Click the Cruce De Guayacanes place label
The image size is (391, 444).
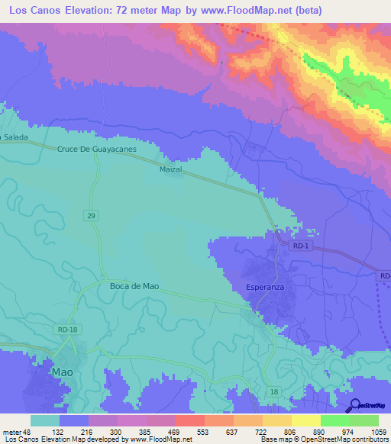point(96,150)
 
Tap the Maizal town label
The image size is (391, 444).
point(171,169)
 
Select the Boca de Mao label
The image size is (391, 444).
point(134,286)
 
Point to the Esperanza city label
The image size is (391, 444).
point(266,288)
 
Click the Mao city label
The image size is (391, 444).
point(62,372)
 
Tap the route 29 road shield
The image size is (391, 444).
point(90,217)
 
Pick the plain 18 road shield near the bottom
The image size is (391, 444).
point(273,391)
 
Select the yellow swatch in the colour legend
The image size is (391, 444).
point(305,420)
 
